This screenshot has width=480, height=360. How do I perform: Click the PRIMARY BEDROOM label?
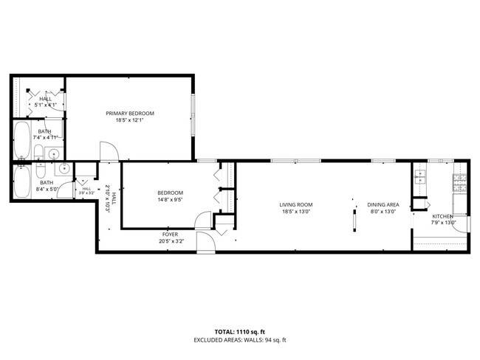(x=130, y=113)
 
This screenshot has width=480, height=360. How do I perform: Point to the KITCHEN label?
(x=442, y=216)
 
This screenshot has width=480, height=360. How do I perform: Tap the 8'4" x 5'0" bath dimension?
(x=46, y=190)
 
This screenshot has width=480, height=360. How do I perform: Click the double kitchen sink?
(x=421, y=176)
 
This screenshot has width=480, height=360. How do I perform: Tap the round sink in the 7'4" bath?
(x=52, y=154)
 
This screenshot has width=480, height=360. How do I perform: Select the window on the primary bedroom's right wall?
(x=193, y=115)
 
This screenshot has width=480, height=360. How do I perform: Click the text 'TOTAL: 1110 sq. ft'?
(x=239, y=333)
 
